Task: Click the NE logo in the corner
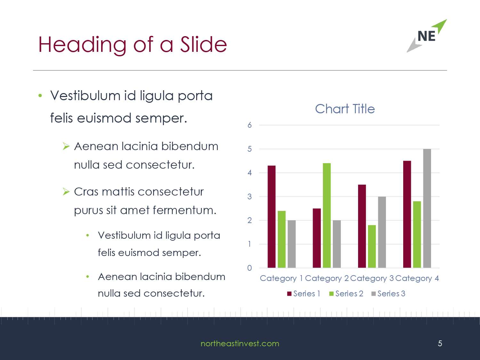427,36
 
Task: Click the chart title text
345,109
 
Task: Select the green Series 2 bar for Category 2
327,215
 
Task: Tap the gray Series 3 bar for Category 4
427,208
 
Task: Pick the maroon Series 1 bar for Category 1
272,217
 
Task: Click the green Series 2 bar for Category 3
372,246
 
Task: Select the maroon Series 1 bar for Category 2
317,238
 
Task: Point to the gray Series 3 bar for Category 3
382,232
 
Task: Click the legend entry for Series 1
303,293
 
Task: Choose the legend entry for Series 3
388,293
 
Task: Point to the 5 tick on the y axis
250,149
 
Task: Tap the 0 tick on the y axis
250,268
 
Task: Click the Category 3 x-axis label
372,278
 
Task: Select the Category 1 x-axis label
281,278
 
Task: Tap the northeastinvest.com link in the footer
240,343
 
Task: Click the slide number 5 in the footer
440,343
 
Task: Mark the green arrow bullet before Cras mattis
66,192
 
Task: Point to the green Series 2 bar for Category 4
417,235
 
